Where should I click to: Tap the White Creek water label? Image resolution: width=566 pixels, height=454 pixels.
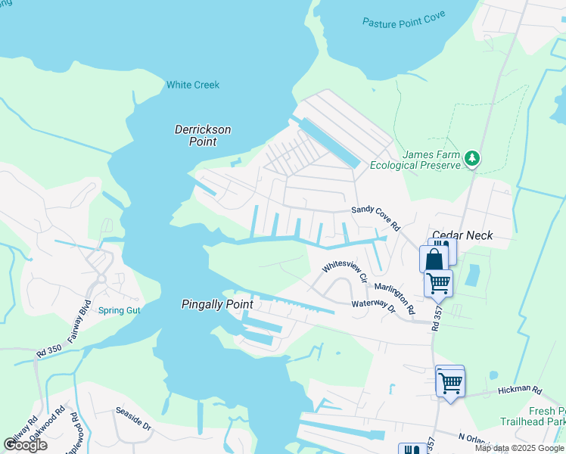pos(193,85)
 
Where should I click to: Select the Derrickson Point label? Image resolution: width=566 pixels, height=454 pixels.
pos(203,135)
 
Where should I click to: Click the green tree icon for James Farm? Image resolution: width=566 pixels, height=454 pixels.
pos(472,158)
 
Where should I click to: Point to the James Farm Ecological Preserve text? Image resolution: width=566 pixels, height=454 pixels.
pos(415,160)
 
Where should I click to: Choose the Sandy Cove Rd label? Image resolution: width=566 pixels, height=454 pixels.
pos(375,218)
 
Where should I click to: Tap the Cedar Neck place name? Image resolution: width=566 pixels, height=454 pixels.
pos(462,235)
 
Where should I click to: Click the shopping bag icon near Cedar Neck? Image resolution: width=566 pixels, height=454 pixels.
pos(434,259)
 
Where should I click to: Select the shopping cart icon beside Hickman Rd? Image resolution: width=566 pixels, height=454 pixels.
pos(449,383)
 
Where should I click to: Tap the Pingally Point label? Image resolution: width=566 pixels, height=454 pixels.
pos(216,304)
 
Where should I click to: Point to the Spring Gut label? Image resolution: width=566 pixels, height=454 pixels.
pos(119,310)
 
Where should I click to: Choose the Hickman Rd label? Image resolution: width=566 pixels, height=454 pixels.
pos(520,391)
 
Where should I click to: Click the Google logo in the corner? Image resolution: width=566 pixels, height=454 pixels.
pos(25,445)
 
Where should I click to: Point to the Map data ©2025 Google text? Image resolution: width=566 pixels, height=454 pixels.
pos(519,448)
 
